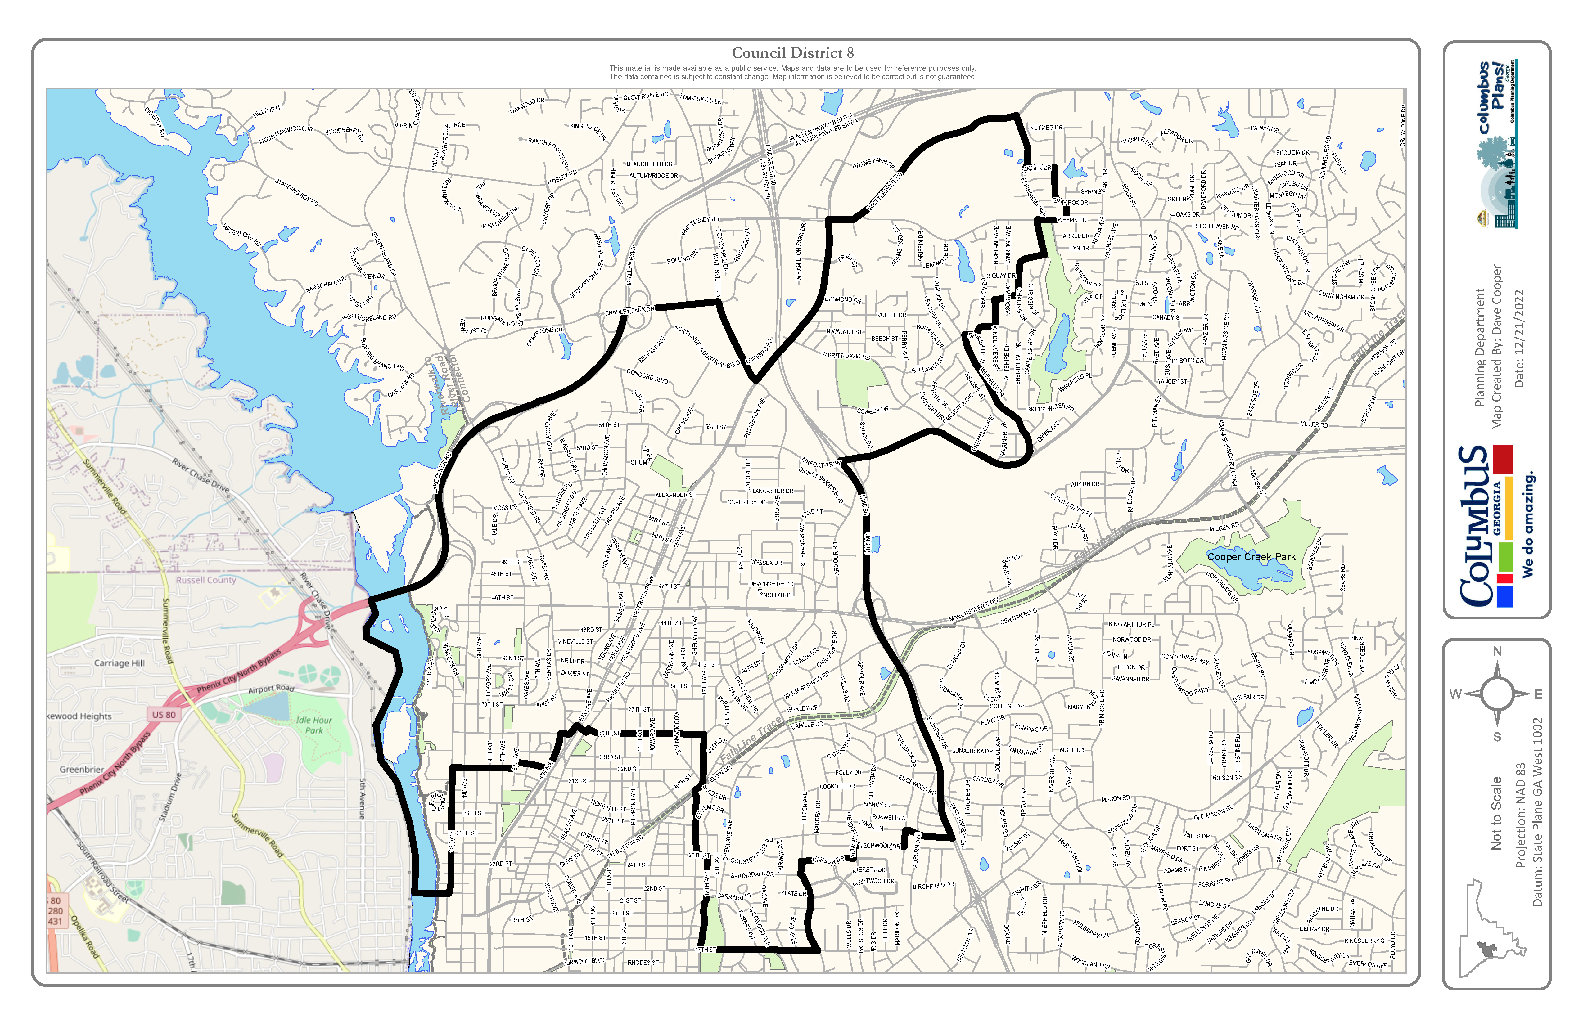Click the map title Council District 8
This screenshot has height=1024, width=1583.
pos(792,53)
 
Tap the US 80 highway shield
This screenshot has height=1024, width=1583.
pos(164,715)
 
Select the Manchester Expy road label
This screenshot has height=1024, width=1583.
pos(974,610)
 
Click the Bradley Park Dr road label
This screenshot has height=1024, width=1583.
pos(629,311)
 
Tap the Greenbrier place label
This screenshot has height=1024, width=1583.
pos(82,769)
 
